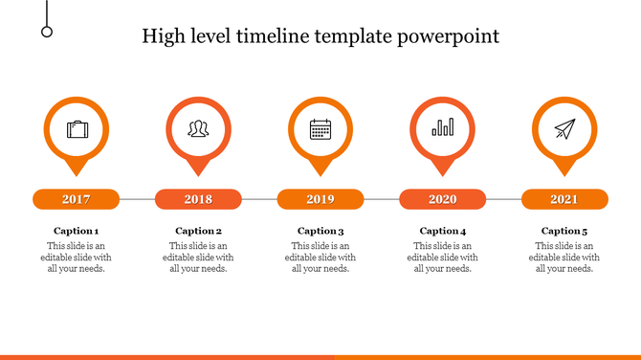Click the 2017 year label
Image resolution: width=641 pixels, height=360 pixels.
click(x=77, y=199)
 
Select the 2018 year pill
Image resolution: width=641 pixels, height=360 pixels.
click(x=198, y=199)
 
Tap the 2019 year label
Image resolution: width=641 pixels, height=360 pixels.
click(x=320, y=199)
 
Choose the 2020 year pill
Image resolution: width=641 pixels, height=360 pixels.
click(x=442, y=199)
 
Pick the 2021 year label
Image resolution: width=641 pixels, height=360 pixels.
click(x=564, y=199)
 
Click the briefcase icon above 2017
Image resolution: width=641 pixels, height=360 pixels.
click(x=77, y=128)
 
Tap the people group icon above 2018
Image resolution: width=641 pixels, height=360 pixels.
click(x=198, y=128)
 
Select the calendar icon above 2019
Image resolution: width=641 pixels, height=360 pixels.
click(x=320, y=128)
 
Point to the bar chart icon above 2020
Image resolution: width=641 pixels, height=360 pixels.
click(x=442, y=128)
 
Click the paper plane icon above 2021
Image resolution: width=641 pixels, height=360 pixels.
click(x=564, y=128)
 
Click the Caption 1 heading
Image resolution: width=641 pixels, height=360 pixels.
click(x=77, y=231)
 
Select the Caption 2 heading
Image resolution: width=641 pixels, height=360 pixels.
click(x=198, y=231)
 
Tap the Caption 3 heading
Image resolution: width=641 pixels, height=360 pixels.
click(x=320, y=231)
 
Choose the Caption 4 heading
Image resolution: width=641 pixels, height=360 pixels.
click(x=443, y=231)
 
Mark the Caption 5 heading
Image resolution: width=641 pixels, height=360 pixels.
click(x=564, y=231)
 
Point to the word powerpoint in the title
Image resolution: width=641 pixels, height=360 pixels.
click(x=450, y=37)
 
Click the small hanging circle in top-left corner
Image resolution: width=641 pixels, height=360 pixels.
click(x=47, y=32)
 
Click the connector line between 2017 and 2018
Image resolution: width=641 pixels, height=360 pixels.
click(x=137, y=199)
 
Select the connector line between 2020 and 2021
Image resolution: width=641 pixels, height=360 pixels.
click(x=503, y=199)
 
